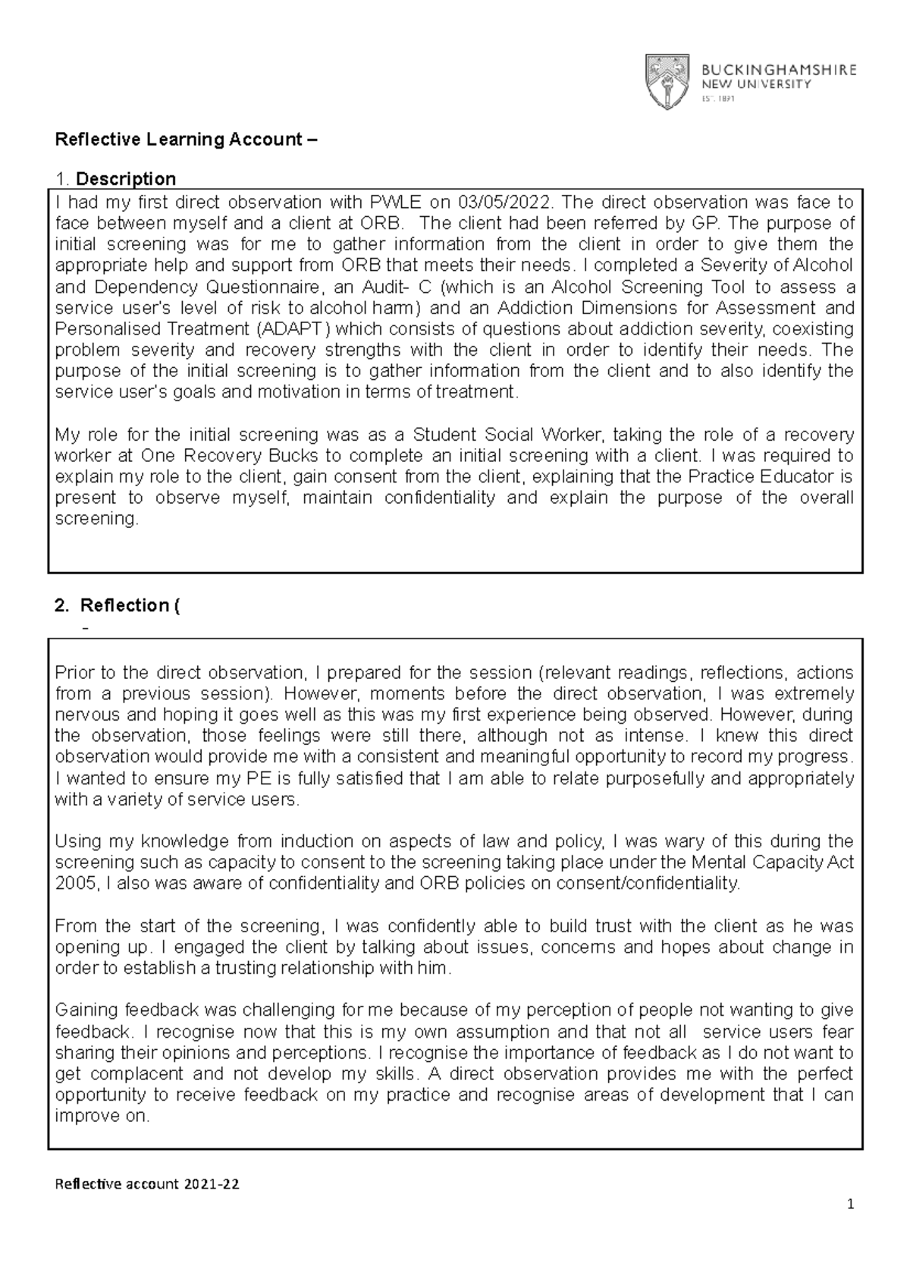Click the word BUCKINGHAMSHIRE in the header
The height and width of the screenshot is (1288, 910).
[777, 70]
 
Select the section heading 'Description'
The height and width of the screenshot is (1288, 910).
[125, 179]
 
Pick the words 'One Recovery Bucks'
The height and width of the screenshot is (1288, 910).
[227, 456]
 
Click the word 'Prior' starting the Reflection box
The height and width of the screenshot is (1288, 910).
[74, 673]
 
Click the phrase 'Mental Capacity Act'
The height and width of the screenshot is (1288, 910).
[779, 862]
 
